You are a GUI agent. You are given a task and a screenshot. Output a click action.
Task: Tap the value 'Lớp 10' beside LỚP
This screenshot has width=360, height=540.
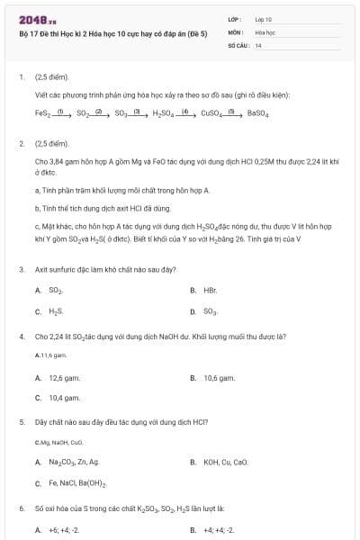tap(264, 18)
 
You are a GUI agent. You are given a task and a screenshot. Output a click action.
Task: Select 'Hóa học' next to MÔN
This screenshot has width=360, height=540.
tap(265, 31)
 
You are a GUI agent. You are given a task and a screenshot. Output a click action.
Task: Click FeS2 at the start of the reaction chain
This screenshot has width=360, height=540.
tap(43, 113)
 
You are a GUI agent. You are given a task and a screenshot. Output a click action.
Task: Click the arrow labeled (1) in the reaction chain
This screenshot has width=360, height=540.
tap(63, 112)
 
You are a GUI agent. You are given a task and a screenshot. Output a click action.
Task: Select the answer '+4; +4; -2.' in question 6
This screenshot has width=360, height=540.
tap(219, 530)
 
